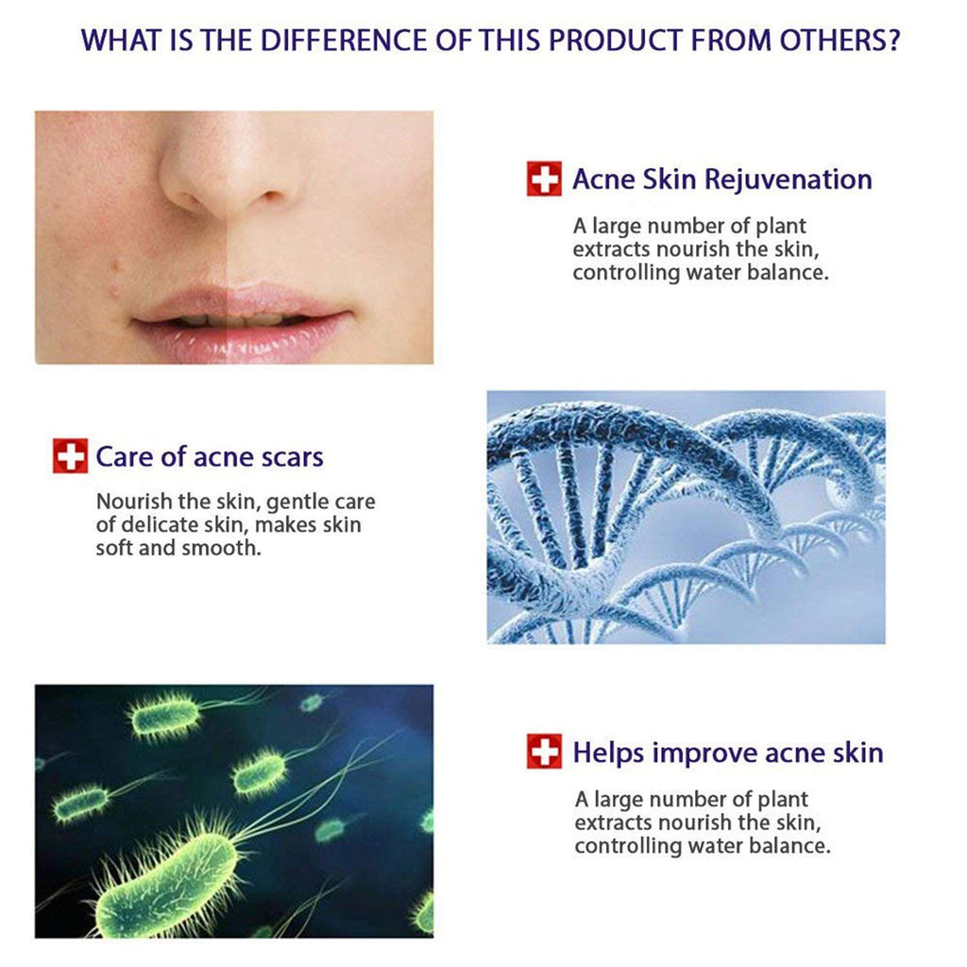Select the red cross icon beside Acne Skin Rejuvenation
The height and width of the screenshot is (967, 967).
tap(544, 178)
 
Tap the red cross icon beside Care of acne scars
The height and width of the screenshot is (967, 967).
tap(70, 457)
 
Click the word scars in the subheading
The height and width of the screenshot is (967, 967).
tap(291, 458)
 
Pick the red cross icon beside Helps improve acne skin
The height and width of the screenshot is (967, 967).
tap(544, 753)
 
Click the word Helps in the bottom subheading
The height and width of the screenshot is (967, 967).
tap(609, 753)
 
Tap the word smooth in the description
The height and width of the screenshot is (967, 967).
tap(227, 548)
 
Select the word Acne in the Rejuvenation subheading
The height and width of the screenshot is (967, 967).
tap(602, 179)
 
